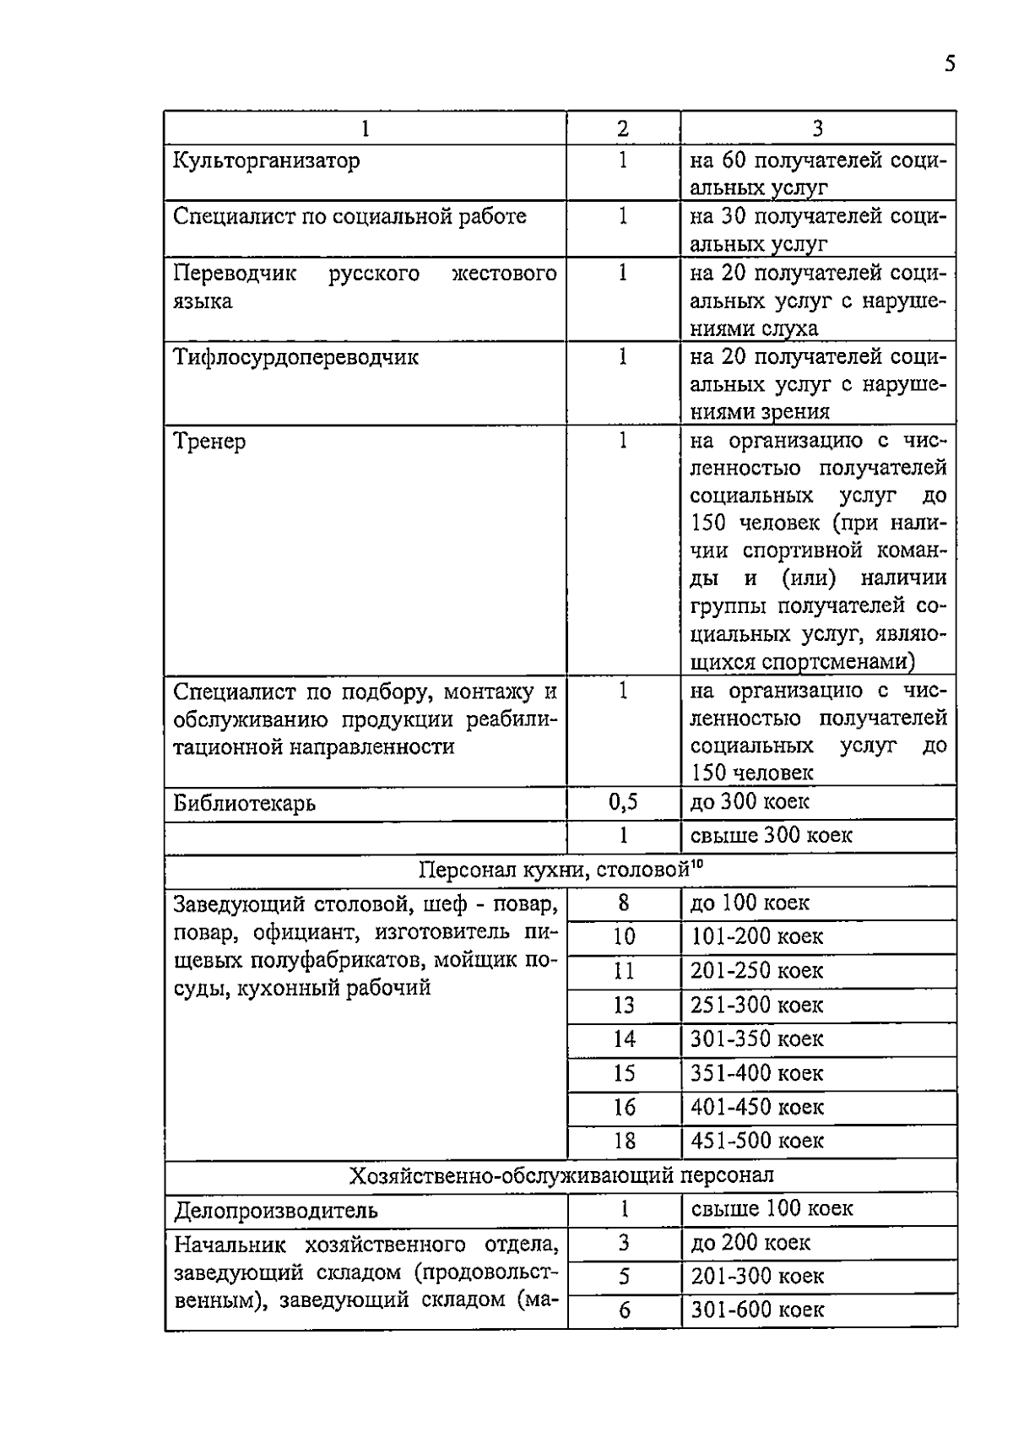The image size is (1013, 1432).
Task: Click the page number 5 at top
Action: click(x=951, y=64)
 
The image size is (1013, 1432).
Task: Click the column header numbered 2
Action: click(x=623, y=128)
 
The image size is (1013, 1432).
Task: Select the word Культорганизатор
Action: click(x=266, y=160)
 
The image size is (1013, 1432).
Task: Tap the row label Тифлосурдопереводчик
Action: click(x=295, y=357)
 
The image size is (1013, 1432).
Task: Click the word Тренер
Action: click(x=209, y=442)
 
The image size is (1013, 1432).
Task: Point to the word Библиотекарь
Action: click(x=244, y=803)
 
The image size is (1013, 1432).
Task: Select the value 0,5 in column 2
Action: click(x=623, y=802)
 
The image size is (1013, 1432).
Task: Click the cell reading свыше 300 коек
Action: click(x=771, y=836)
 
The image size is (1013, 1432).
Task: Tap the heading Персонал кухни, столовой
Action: click(x=554, y=871)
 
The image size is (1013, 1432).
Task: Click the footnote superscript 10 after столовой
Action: click(x=697, y=864)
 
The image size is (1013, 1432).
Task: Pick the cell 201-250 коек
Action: click(x=756, y=971)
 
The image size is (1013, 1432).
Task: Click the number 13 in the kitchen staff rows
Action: click(x=623, y=1006)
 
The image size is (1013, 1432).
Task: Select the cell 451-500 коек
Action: click(x=756, y=1142)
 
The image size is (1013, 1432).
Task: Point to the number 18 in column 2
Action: click(x=623, y=1142)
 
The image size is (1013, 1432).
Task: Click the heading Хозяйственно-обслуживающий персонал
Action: click(x=561, y=1175)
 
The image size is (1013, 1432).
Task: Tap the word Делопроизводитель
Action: click(x=275, y=1211)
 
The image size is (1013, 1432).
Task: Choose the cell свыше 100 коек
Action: click(x=771, y=1209)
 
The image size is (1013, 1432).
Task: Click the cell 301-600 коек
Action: click(x=756, y=1310)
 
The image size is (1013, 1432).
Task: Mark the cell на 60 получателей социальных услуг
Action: click(x=817, y=173)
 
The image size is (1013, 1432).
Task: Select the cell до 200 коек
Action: click(x=750, y=1243)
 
